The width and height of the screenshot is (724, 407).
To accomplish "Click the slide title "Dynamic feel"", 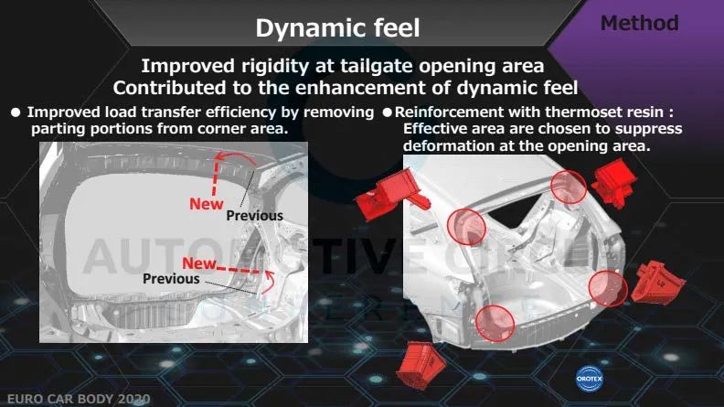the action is coord(337,27).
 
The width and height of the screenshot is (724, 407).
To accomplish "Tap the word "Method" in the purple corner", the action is coord(640,23).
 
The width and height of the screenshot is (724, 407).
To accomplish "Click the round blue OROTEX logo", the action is coord(590,379).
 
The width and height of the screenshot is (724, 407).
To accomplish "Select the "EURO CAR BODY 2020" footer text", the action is coord(79,399).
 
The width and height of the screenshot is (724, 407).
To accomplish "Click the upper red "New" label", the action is coord(207,204).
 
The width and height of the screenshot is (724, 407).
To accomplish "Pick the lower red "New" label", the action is coord(199,263).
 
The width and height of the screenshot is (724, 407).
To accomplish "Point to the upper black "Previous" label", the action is coord(254,216).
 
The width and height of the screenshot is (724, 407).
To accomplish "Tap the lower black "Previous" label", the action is coord(171,279).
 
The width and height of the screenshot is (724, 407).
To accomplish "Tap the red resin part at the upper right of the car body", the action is coord(614,183).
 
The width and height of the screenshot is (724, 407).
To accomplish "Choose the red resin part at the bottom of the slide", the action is coord(421,365).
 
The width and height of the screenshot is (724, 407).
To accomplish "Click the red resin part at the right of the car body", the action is coord(657,284).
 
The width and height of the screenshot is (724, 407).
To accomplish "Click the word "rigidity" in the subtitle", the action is coord(275,67).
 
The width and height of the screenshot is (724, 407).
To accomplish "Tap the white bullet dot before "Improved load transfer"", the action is coord(16,112).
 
